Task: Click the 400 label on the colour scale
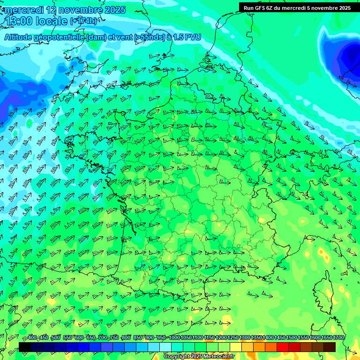[32, 338]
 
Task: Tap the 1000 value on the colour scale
[174, 338]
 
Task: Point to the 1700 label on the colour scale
[338, 338]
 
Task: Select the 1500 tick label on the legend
[292, 338]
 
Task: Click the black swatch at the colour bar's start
[25, 347]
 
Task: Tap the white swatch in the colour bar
[165, 347]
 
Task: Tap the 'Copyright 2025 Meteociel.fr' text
[199, 357]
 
